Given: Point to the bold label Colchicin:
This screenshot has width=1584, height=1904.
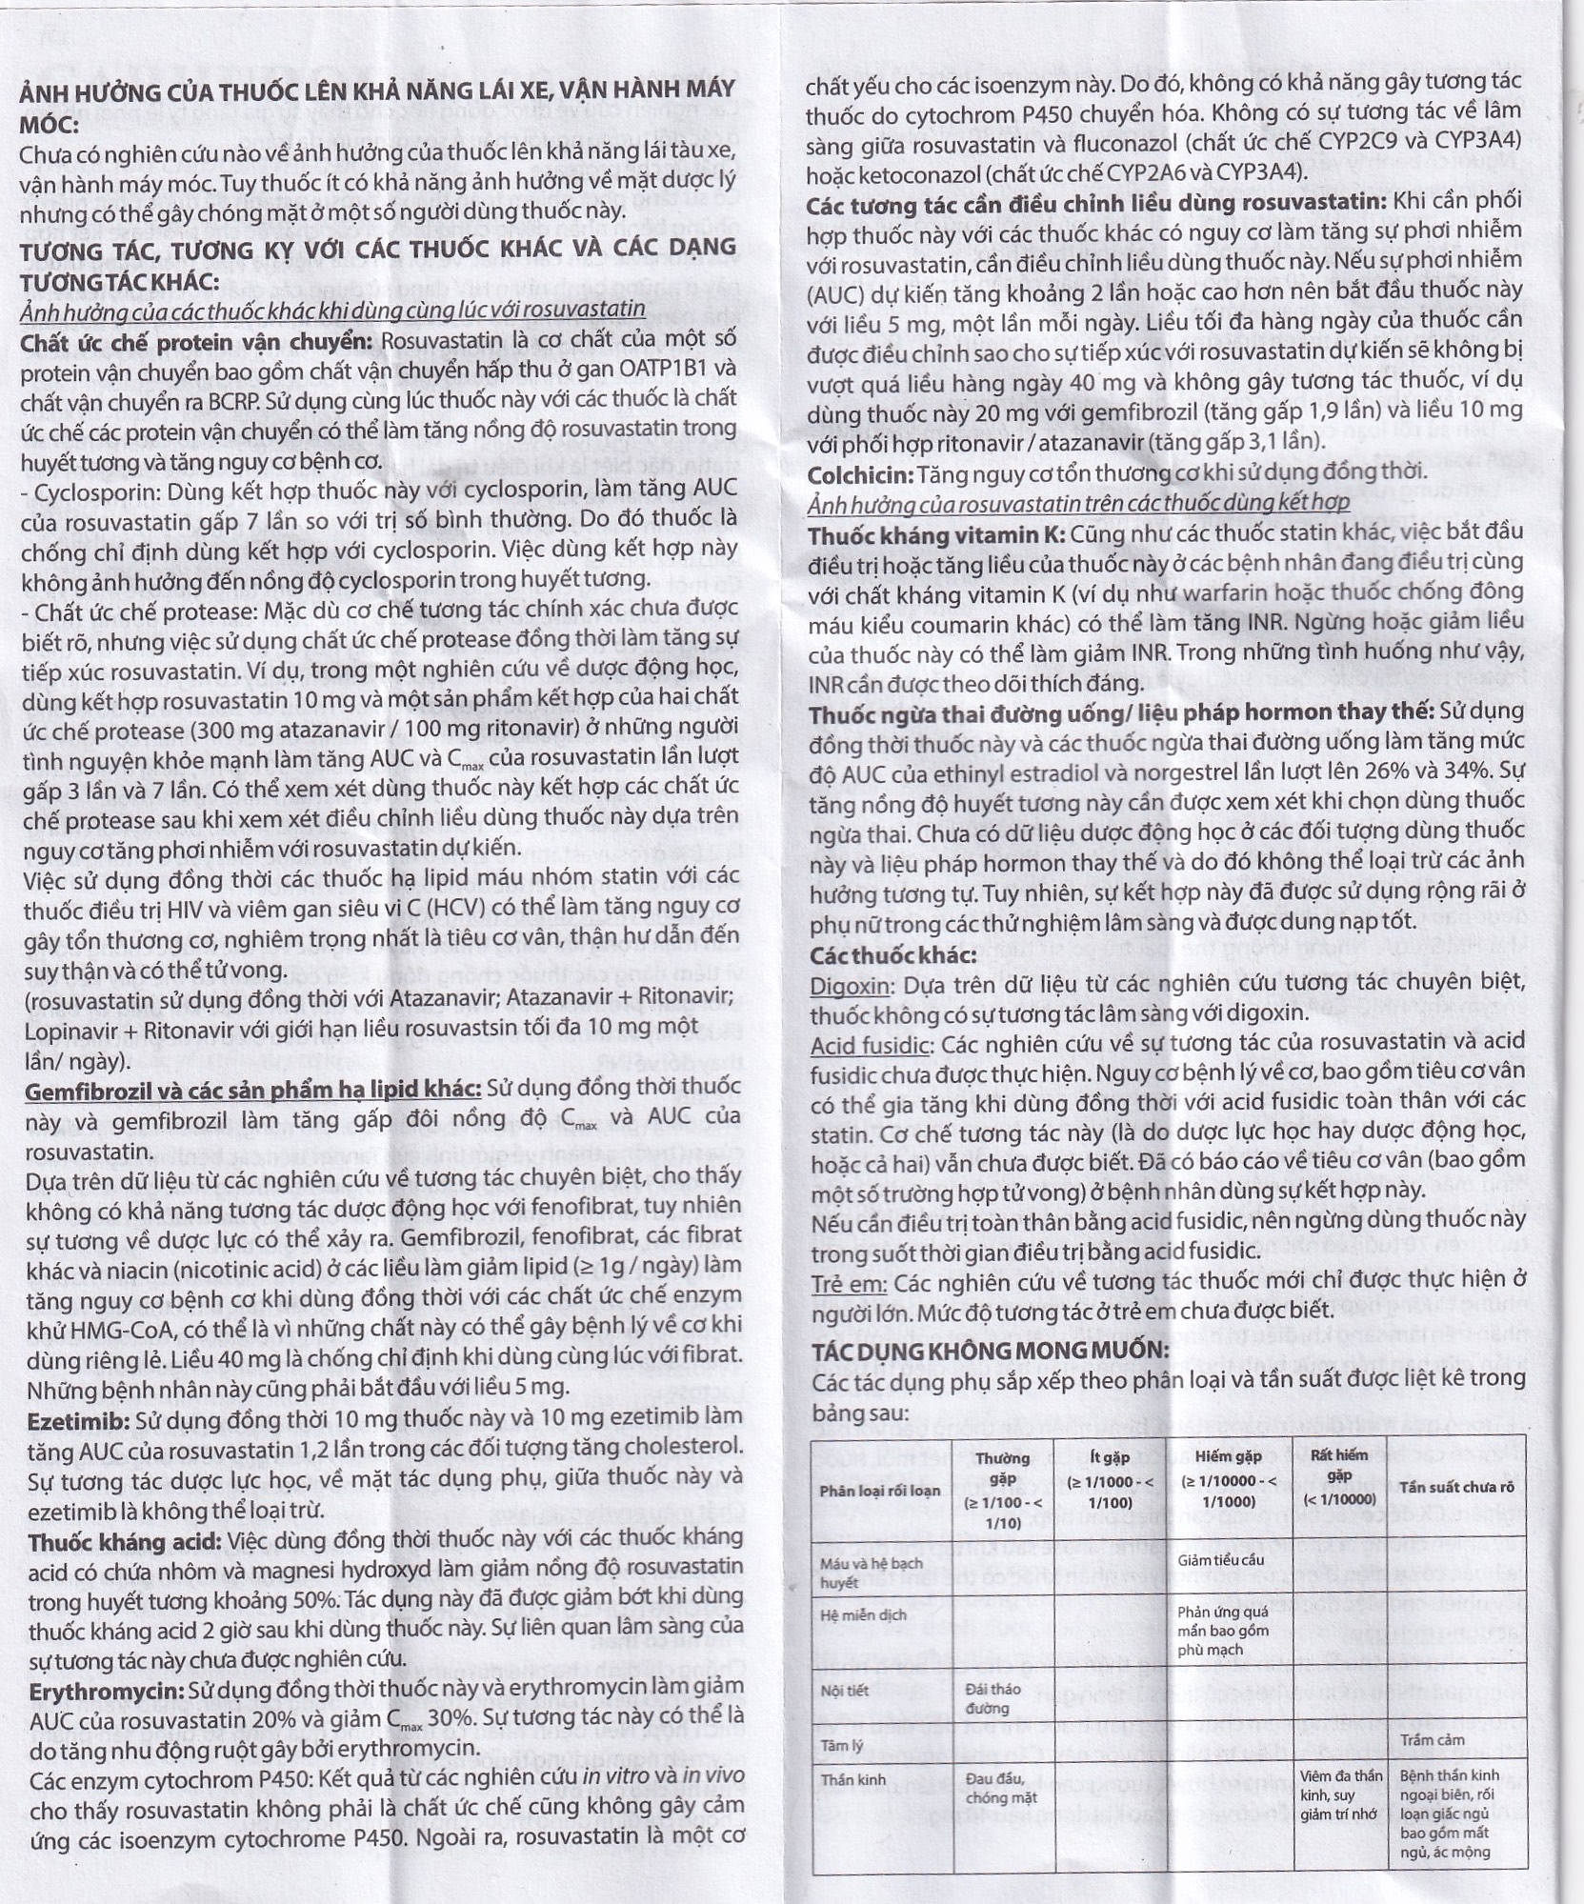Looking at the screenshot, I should point(859,473).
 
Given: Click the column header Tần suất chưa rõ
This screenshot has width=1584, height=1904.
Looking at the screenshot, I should point(1455,1487).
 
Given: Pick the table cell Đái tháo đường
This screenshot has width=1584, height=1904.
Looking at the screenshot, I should point(994,1697).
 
